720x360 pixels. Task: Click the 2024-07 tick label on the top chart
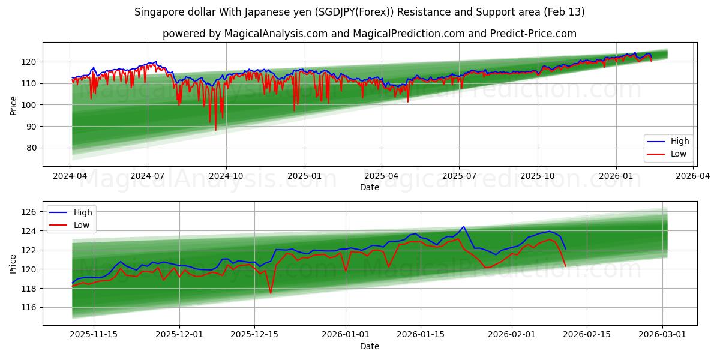(x=148, y=176)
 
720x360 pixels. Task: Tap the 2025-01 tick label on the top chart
(x=305, y=176)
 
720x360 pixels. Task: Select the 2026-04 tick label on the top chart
(x=694, y=176)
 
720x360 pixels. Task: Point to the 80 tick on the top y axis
(x=32, y=148)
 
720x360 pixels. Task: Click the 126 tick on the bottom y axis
(x=30, y=212)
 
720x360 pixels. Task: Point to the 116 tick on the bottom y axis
(x=30, y=307)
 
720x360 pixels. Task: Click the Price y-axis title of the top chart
(x=14, y=105)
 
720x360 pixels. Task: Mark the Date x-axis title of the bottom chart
(x=369, y=346)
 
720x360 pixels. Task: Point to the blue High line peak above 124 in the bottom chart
(x=463, y=227)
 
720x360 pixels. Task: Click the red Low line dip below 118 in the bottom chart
(x=271, y=293)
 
